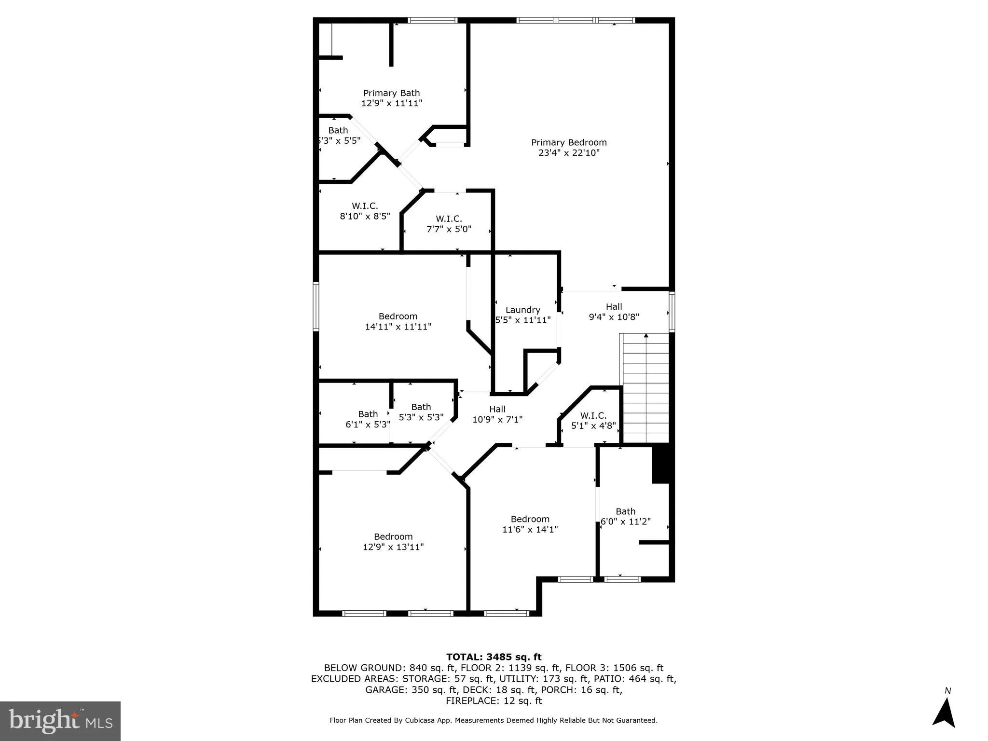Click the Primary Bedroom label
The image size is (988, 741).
click(x=569, y=143)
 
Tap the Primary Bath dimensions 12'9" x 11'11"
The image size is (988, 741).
click(x=392, y=103)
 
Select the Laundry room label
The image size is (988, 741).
click(x=522, y=310)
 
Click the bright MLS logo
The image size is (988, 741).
click(x=60, y=721)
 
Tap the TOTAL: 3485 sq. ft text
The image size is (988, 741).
click(x=494, y=657)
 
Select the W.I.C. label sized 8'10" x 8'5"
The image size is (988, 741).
click(x=365, y=206)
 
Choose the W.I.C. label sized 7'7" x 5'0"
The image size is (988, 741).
click(x=449, y=219)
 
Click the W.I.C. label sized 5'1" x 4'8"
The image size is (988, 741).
click(x=593, y=415)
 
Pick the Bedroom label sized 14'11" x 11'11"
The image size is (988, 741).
click(x=398, y=316)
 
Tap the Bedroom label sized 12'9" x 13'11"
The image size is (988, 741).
click(x=393, y=536)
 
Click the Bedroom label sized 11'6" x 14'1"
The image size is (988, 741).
click(x=530, y=519)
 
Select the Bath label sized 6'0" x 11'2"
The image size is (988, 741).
click(x=625, y=511)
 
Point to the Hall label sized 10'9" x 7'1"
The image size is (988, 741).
click(x=497, y=409)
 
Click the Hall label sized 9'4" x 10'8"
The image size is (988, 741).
click(x=614, y=306)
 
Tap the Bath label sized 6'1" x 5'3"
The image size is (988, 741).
click(x=368, y=414)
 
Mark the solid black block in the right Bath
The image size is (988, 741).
click(x=660, y=464)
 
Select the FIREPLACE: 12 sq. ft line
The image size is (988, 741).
click(x=494, y=700)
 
